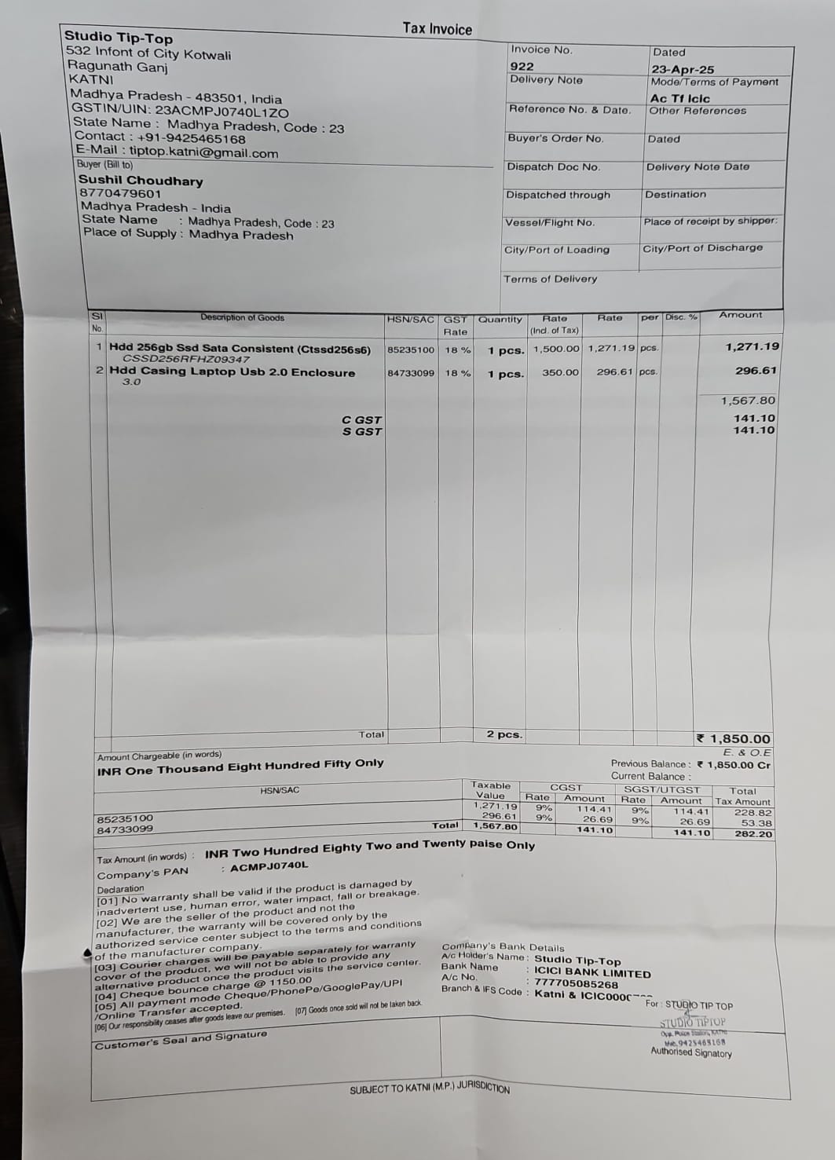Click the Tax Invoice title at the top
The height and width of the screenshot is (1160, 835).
437,29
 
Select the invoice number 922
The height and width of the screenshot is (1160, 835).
522,67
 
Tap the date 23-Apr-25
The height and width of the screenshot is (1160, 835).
683,69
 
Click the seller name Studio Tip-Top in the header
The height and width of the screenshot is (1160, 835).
119,37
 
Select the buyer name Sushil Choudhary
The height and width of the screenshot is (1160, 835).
141,181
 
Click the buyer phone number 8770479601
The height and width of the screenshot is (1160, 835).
120,194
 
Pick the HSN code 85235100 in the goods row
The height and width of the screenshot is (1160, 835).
411,349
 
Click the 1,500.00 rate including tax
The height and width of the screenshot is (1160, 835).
556,349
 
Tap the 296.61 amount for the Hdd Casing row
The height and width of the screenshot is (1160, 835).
756,371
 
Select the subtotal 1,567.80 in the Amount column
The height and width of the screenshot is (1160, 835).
748,401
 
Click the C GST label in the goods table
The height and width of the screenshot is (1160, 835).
361,420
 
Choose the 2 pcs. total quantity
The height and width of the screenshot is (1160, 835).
504,734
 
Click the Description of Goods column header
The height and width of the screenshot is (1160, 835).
242,318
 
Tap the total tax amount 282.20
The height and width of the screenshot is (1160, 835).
753,834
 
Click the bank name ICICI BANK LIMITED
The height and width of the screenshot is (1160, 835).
592,974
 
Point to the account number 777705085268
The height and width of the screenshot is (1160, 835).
576,984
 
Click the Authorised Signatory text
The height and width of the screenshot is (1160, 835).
690,1052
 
